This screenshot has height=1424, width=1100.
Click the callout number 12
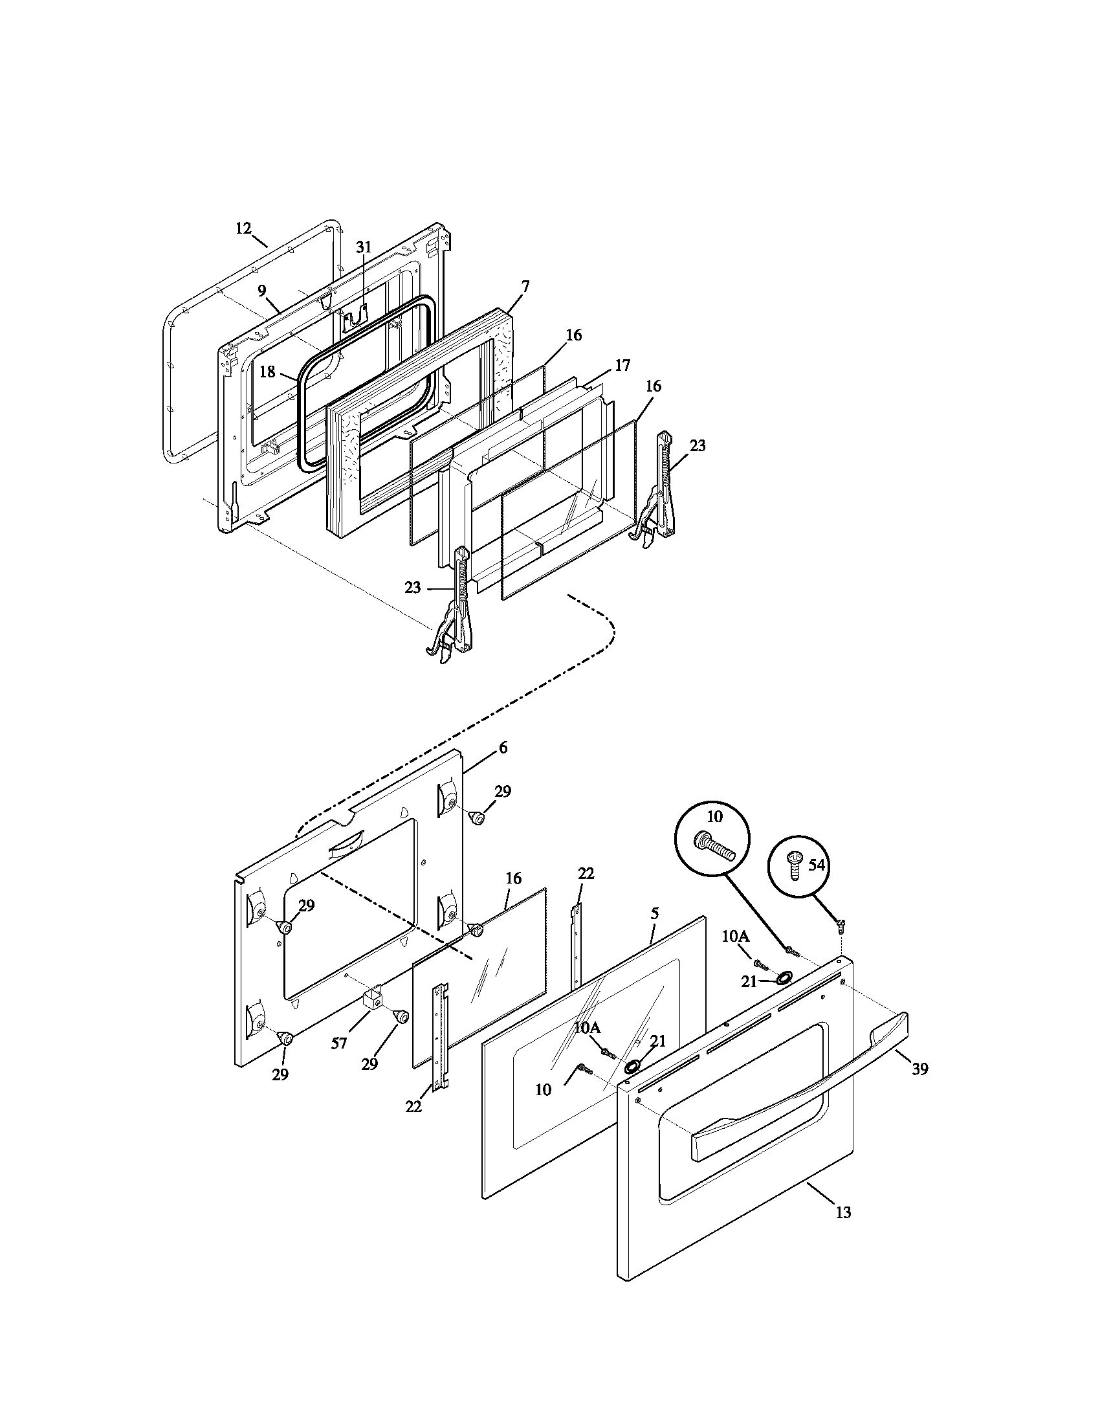tap(243, 228)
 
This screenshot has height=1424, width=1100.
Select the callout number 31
tap(363, 247)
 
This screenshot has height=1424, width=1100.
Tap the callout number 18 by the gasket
tap(268, 372)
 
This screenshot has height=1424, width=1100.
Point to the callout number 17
tap(622, 365)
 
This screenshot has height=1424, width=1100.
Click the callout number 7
tap(525, 286)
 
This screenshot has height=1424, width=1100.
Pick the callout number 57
tap(339, 1043)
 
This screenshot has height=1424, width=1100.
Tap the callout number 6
tap(503, 748)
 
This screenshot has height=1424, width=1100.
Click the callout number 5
tap(655, 913)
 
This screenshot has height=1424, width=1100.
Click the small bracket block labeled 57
tap(372, 1018)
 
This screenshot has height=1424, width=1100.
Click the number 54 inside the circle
tap(817, 865)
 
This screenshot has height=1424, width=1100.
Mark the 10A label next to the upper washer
tap(735, 937)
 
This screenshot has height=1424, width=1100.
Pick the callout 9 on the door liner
tap(261, 290)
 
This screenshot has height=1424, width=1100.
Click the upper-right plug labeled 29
tap(477, 818)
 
